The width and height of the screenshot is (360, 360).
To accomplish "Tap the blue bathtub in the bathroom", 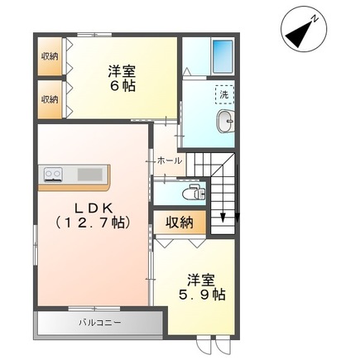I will click(221, 55).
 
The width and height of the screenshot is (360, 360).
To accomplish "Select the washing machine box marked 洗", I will click(223, 94).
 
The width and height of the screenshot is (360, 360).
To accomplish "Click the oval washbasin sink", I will click(224, 125).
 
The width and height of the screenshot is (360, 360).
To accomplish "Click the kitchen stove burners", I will click(54, 174).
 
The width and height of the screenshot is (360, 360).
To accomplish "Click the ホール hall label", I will click(169, 160).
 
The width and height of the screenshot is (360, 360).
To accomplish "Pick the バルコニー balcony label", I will click(99, 322).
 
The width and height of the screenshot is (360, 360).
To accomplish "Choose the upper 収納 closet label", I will click(50, 56).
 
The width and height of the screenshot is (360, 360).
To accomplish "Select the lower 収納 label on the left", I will click(50, 98).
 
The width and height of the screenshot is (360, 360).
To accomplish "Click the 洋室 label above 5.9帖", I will click(201, 278).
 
